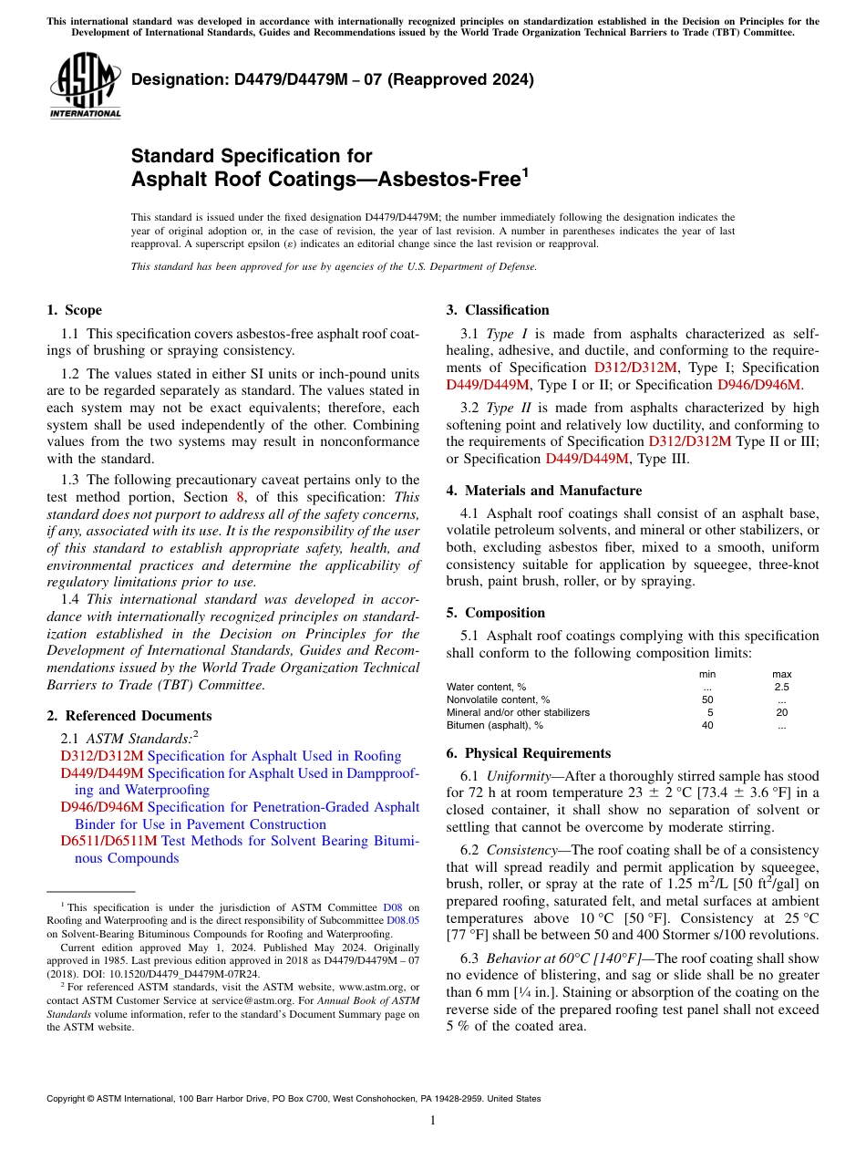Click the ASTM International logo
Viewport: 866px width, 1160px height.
(85, 86)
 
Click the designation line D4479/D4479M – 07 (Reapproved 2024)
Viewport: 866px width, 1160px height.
(333, 79)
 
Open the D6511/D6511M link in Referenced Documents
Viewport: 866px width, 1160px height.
(108, 841)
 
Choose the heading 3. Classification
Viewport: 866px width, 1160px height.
(498, 310)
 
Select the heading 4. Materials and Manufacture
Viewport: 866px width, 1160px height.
(543, 491)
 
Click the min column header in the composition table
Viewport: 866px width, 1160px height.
(707, 674)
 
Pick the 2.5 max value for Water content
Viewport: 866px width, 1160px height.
(781, 687)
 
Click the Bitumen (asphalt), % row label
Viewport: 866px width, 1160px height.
(494, 725)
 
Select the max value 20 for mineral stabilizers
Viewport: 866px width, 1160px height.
(781, 712)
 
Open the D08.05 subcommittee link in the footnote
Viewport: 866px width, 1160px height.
(403, 920)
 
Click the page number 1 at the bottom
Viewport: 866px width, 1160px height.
(433, 1121)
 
